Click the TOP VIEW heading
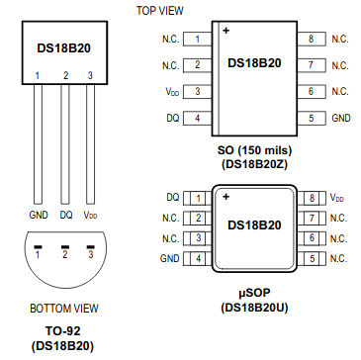[160, 11]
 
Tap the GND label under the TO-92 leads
[39, 216]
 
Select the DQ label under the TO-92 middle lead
[66, 216]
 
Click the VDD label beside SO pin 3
[172, 92]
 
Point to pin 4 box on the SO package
[197, 118]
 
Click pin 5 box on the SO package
[312, 118]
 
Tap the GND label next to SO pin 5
[341, 118]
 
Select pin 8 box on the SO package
[312, 39]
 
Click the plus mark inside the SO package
[226, 31]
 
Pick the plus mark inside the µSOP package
[226, 197]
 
